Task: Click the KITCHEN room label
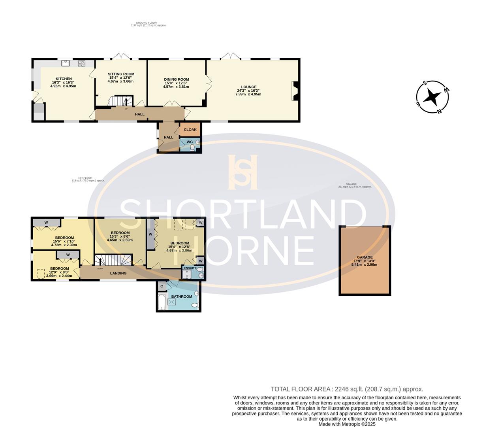[x=64, y=79]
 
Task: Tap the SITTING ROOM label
[x=121, y=74]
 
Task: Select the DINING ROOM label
[x=177, y=79]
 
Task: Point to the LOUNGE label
[x=249, y=87]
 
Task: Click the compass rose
[x=433, y=96]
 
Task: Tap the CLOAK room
[x=190, y=130]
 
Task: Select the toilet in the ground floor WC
[x=192, y=147]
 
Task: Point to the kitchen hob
[x=82, y=63]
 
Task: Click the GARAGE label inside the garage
[x=365, y=257]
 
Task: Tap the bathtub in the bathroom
[x=161, y=302]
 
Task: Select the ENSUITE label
[x=190, y=268]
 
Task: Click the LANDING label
[x=118, y=273]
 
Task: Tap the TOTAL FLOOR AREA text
[x=347, y=389]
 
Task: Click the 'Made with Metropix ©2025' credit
[x=347, y=424]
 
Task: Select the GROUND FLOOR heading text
[x=147, y=23]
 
